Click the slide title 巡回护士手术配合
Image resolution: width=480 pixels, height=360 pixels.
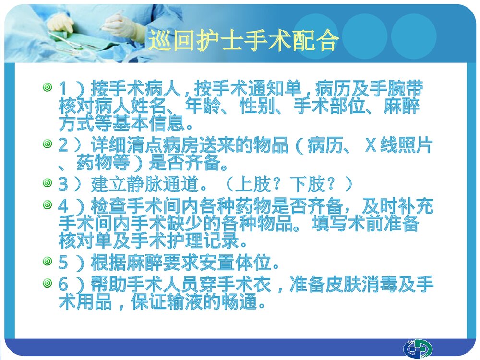pyautogui.click(x=243, y=41)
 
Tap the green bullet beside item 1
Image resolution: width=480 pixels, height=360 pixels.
pyautogui.click(x=47, y=87)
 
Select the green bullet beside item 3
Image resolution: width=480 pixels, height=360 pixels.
pyautogui.click(x=47, y=182)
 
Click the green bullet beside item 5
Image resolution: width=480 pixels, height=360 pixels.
pyautogui.click(x=47, y=262)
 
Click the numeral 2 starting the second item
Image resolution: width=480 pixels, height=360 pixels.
pyautogui.click(x=63, y=144)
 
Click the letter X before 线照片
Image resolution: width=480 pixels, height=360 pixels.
pyautogui.click(x=370, y=144)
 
